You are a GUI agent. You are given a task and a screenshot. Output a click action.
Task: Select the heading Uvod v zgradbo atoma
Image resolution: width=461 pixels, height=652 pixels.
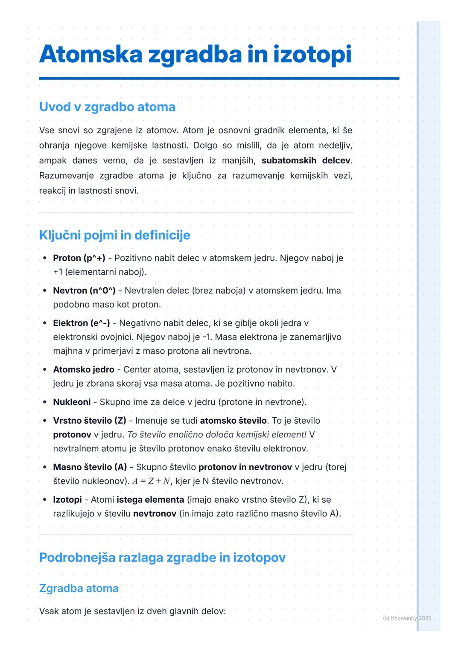tap(107, 107)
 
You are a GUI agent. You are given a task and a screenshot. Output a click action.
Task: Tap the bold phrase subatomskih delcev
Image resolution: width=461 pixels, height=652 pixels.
tap(306, 160)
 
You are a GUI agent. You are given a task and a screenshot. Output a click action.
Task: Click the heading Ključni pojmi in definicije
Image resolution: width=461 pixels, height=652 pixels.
tap(114, 235)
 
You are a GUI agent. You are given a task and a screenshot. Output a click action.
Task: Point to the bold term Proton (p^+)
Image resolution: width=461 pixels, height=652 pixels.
tap(79, 258)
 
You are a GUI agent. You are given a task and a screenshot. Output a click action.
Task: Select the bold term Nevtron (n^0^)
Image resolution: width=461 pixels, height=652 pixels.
tap(84, 291)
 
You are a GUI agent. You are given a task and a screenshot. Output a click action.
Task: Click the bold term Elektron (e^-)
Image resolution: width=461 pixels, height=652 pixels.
tap(81, 323)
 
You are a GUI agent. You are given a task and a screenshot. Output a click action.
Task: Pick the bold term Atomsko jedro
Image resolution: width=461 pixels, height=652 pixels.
tap(84, 370)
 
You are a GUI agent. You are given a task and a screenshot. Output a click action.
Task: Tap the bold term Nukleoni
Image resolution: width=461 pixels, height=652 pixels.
tap(72, 402)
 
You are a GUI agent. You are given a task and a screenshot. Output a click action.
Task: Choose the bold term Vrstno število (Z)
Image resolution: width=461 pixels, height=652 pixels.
tap(90, 421)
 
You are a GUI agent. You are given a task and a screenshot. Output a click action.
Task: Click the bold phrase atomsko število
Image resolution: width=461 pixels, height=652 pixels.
tap(233, 421)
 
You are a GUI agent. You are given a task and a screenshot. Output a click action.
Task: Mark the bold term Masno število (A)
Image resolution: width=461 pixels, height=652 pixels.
tap(90, 467)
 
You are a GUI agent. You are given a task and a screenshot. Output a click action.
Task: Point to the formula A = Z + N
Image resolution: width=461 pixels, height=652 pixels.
tap(152, 481)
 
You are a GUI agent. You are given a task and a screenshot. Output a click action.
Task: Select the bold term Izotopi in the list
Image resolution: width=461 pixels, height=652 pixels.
tap(67, 500)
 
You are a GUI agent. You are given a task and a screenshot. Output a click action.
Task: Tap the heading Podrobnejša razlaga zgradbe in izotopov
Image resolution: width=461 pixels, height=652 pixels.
tap(162, 558)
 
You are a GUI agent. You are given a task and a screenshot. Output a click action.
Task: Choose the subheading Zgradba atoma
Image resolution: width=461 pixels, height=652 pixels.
tap(79, 588)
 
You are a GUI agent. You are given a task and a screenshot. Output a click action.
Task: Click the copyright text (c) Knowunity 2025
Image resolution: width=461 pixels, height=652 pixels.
tap(407, 618)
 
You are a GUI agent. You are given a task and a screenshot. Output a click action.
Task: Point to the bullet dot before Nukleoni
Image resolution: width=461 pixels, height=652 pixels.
tap(44, 402)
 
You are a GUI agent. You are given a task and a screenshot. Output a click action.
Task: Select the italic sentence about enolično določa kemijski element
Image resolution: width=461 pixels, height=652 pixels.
tap(217, 435)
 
